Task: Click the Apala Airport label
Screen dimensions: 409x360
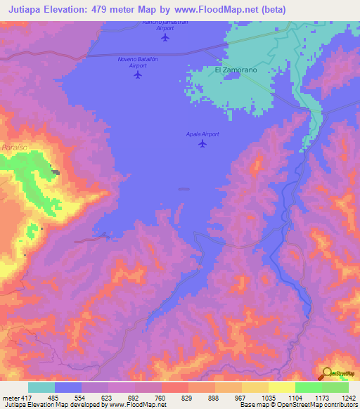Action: click(202, 134)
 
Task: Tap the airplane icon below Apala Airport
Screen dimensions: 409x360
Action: click(202, 144)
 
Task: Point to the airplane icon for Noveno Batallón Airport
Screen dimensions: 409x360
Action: click(137, 75)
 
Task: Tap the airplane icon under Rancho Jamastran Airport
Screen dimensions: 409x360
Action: click(165, 37)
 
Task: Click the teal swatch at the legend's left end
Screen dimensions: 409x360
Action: click(41, 387)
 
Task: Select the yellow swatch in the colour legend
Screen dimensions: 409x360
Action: click(281, 387)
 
